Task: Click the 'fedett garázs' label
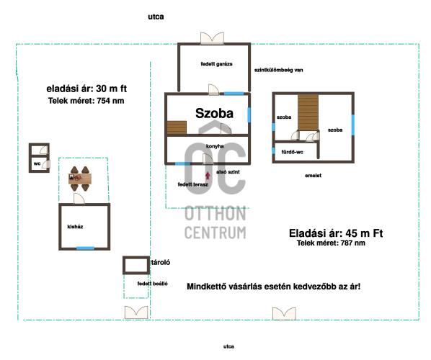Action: tap(217, 64)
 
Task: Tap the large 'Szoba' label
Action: tap(214, 113)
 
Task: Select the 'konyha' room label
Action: tap(215, 146)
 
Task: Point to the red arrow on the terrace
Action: tap(208, 176)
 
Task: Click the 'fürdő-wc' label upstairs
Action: tap(292, 152)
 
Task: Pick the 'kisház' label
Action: tap(75, 227)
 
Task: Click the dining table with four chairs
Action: tap(80, 179)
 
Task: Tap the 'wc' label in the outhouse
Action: tap(37, 163)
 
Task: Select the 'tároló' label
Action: tap(161, 262)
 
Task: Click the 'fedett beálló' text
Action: tap(153, 284)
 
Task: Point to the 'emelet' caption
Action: tap(313, 176)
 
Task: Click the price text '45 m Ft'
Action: tap(364, 233)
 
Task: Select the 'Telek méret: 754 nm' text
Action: tap(86, 101)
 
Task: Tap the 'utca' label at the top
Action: tap(156, 17)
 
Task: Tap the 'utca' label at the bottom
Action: tap(228, 346)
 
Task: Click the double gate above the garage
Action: tap(212, 38)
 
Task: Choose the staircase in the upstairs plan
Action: tap(308, 112)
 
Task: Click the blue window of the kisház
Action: tap(85, 248)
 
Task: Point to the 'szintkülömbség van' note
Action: tap(279, 70)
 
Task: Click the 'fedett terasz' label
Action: tap(193, 184)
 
